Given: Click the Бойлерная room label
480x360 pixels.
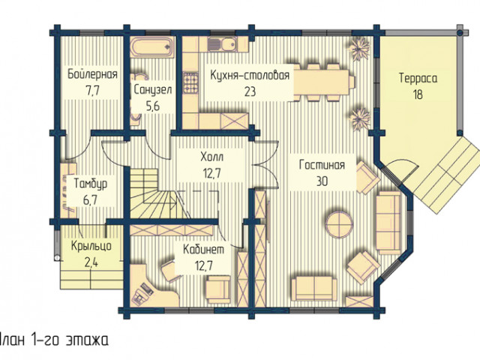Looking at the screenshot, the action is (x=92, y=74).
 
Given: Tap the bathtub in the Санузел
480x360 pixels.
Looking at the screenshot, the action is (x=151, y=46).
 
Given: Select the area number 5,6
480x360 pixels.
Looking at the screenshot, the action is (x=153, y=106).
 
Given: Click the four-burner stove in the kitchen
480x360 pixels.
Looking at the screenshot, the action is (x=190, y=82).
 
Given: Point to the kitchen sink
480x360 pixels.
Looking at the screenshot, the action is (x=222, y=43).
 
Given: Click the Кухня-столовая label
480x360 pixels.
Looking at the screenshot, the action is (x=250, y=75).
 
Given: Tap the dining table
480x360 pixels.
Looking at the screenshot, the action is (x=321, y=82).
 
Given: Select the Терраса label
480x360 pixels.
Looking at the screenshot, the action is (x=418, y=78).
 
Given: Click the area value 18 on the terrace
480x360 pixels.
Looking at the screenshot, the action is (x=418, y=94).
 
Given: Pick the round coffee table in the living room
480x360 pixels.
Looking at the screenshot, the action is (x=339, y=223).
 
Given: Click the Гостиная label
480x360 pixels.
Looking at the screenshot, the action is (x=322, y=165).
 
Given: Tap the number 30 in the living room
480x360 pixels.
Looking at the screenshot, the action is (x=322, y=181).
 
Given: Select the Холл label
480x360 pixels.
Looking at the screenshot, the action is (x=211, y=157).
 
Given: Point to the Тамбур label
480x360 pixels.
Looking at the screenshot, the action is (x=91, y=184).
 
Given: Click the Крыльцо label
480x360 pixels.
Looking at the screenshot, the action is (x=91, y=246).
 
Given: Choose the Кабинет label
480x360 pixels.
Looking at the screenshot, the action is (x=203, y=249).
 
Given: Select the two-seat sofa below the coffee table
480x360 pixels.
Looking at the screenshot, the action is (x=314, y=289).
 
